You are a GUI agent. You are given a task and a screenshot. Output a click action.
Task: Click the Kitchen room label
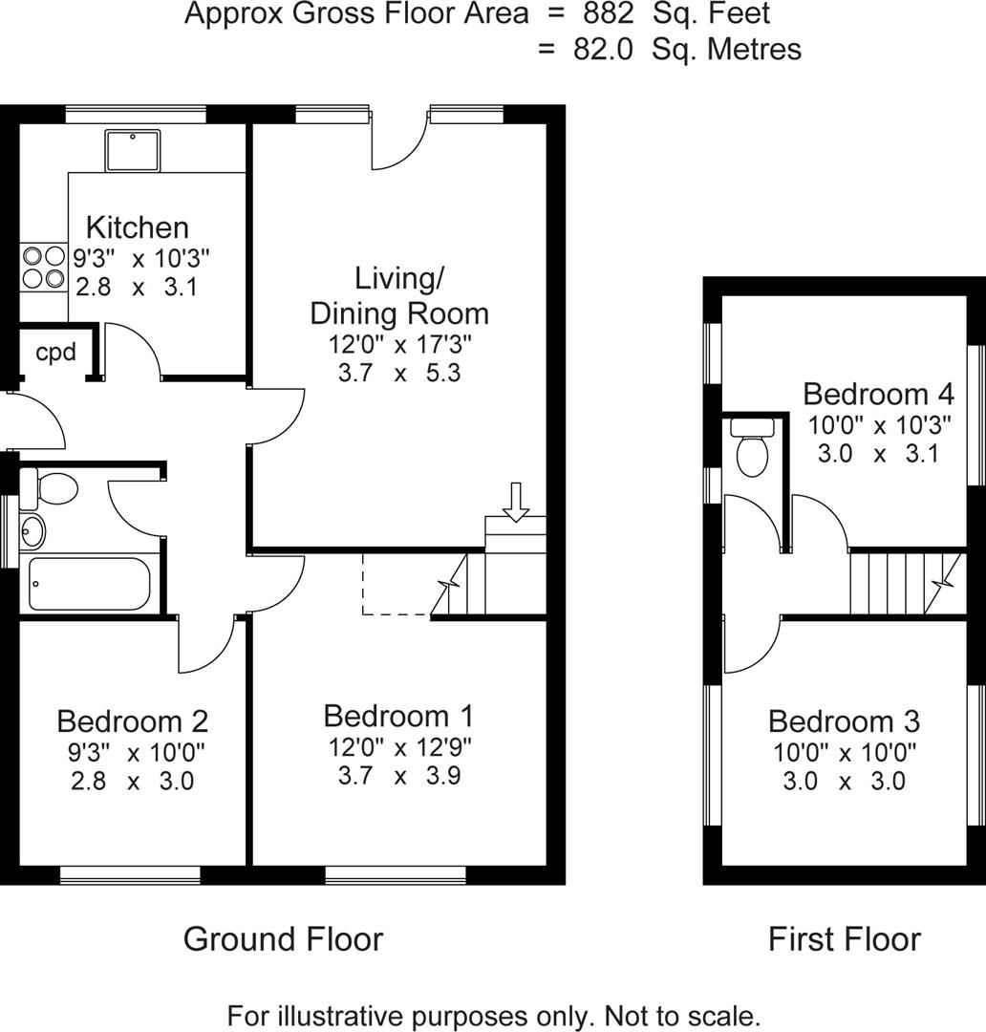pos(138,227)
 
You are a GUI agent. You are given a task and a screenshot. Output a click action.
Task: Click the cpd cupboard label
pos(55,351)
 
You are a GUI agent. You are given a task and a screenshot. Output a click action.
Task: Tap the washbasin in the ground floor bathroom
pos(31,527)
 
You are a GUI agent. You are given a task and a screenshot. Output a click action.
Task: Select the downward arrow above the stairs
pos(516,503)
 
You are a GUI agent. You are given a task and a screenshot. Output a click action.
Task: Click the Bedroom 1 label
pos(398,716)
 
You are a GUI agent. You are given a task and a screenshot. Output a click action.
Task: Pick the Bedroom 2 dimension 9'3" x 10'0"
pos(133,751)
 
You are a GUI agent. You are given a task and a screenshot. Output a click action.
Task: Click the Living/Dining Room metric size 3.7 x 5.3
pos(399,373)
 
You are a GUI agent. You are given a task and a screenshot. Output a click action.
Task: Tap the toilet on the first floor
pos(753,452)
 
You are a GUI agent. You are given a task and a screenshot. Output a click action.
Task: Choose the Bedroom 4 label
pos(878,394)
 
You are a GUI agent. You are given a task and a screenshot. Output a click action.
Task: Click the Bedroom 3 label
pos(844,721)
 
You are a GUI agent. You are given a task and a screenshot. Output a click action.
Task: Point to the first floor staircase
pos(898,582)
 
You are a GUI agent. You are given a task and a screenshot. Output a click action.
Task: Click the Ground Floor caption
pos(283,939)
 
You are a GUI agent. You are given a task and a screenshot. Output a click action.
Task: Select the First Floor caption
pos(845,939)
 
